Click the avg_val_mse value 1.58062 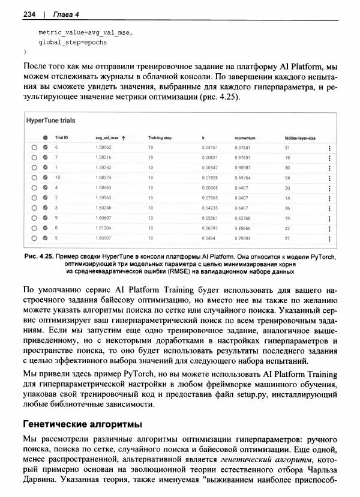point(103,147)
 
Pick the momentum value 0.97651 point(242,157)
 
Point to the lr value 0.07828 point(210,178)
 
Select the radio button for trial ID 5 point(35,238)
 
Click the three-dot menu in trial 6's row point(329,148)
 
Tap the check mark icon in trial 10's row point(45,178)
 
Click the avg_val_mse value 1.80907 point(103,238)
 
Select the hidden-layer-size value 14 point(287,197)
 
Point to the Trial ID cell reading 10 point(58,178)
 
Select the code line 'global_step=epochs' point(72,43)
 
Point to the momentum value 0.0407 point(241,197)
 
